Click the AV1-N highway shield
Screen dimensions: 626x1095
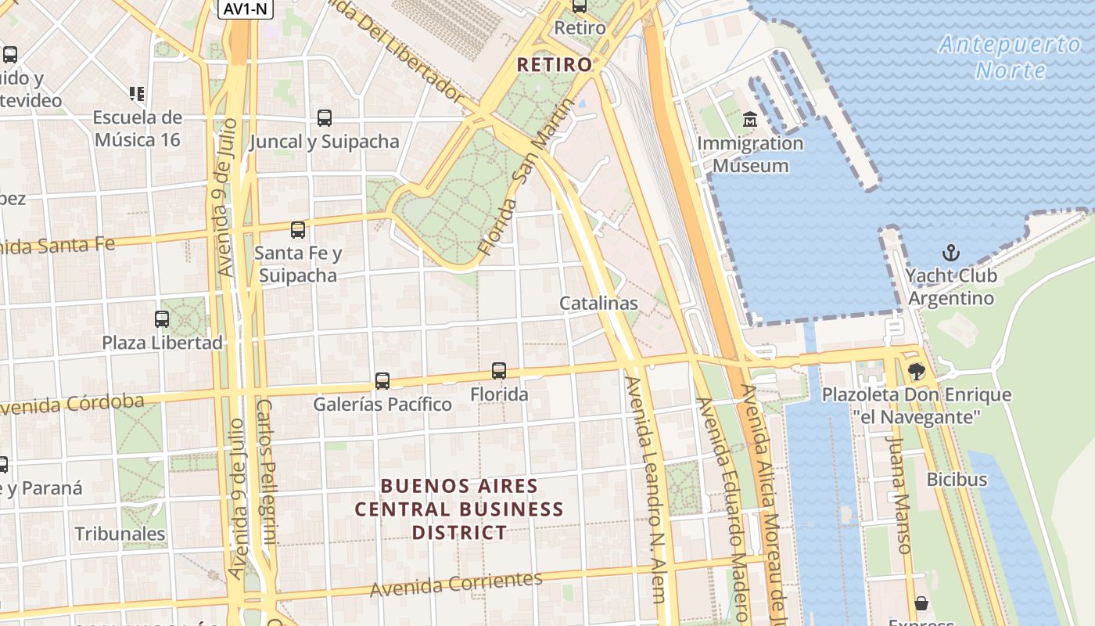tap(245, 9)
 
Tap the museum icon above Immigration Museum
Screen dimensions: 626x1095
tap(750, 120)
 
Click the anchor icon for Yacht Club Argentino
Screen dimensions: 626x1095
tap(951, 253)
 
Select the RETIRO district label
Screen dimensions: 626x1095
tap(555, 65)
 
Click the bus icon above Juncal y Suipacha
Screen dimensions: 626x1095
tap(325, 118)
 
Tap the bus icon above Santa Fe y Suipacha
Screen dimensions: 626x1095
tap(298, 229)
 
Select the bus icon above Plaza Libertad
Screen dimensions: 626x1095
tap(162, 319)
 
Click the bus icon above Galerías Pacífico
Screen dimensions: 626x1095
tap(382, 381)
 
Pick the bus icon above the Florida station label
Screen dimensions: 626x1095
tap(499, 371)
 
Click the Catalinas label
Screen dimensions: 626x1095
tap(598, 303)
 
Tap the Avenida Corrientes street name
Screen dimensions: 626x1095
tap(456, 584)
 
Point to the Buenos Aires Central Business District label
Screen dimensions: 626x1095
tap(459, 509)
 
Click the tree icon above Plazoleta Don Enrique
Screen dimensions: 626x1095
tap(916, 372)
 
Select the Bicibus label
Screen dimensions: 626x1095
tap(957, 479)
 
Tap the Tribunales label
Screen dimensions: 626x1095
tap(120, 534)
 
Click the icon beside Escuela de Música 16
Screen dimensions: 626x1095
tap(137, 94)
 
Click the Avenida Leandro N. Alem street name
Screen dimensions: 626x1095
tap(646, 489)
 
